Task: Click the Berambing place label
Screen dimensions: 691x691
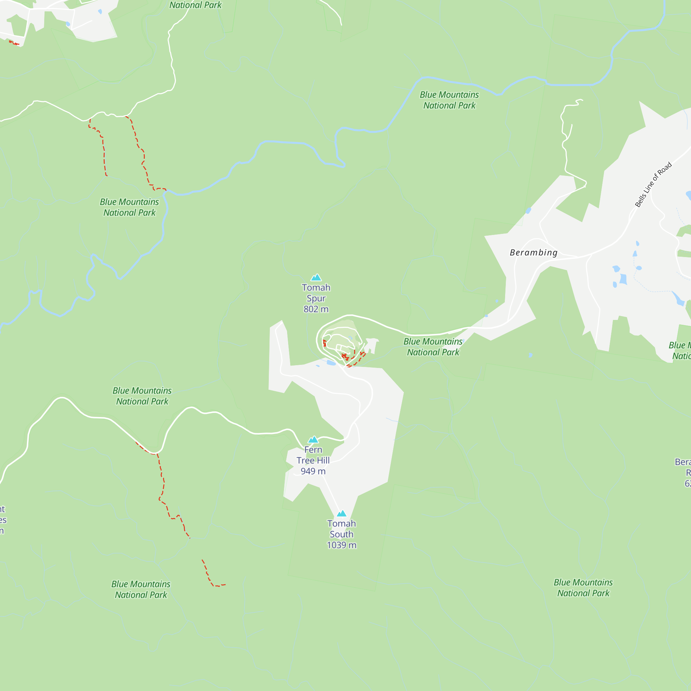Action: click(533, 253)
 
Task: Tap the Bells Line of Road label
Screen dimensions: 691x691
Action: click(653, 185)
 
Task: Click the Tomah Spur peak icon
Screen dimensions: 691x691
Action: click(316, 277)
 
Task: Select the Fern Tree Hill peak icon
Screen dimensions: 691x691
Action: click(313, 439)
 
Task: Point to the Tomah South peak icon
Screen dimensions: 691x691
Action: click(342, 514)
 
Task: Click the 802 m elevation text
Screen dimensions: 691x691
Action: click(316, 309)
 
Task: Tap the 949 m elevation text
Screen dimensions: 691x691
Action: click(313, 471)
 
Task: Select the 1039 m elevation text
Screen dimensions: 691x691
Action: click(342, 545)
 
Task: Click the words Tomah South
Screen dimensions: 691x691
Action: click(342, 529)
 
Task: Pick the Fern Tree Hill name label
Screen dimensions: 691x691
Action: click(313, 455)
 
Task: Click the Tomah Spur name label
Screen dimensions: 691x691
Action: click(316, 293)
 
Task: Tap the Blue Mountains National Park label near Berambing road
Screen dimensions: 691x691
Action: click(433, 347)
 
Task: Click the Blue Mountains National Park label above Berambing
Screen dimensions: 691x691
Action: click(449, 100)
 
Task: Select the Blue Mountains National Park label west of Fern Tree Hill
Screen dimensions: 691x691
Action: click(142, 396)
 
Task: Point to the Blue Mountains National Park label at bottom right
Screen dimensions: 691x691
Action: click(583, 588)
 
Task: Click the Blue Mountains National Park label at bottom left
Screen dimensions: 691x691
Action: click(141, 589)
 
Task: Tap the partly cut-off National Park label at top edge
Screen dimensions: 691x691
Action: click(195, 5)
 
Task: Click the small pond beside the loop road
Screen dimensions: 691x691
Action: click(331, 363)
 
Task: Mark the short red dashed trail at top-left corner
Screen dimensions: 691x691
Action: click(14, 43)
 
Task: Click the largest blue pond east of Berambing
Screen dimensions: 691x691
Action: click(623, 278)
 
